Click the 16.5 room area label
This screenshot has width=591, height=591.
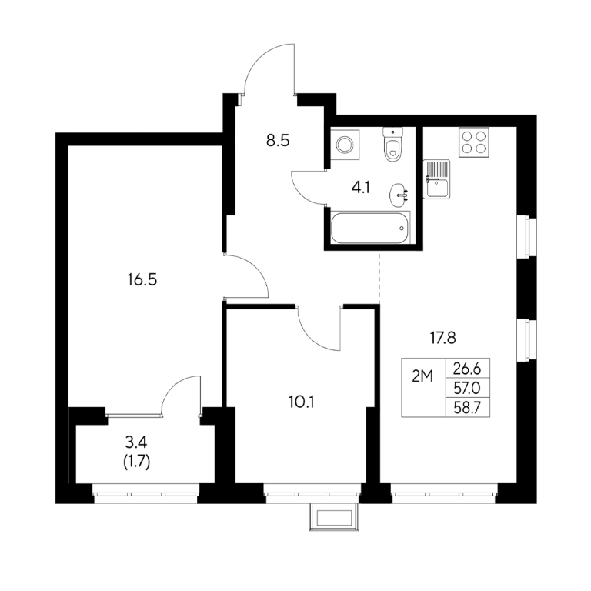click(x=142, y=280)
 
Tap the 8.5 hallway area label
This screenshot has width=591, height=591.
click(x=278, y=141)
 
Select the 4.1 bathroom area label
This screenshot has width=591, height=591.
click(x=361, y=187)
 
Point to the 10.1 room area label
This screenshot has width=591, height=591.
click(x=302, y=402)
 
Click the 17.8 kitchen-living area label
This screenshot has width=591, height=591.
click(x=443, y=338)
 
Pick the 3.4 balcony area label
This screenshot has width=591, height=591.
click(x=136, y=442)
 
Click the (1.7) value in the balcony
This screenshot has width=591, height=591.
click(x=137, y=462)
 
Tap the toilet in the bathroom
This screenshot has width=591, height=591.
click(x=392, y=144)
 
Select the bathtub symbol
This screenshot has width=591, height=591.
click(x=369, y=228)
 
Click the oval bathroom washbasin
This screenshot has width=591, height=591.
click(x=399, y=195)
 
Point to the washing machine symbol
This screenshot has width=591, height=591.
click(x=345, y=145)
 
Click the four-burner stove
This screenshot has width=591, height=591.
click(x=474, y=142)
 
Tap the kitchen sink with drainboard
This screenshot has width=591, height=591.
click(x=436, y=179)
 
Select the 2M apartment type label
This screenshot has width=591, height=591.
click(x=422, y=376)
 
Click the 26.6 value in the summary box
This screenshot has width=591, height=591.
click(x=467, y=369)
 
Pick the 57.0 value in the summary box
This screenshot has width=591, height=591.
click(x=467, y=388)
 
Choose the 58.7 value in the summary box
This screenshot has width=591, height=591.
click(x=467, y=408)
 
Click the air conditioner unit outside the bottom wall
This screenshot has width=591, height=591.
click(x=334, y=517)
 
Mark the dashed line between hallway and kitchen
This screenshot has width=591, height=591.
click(x=379, y=278)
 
